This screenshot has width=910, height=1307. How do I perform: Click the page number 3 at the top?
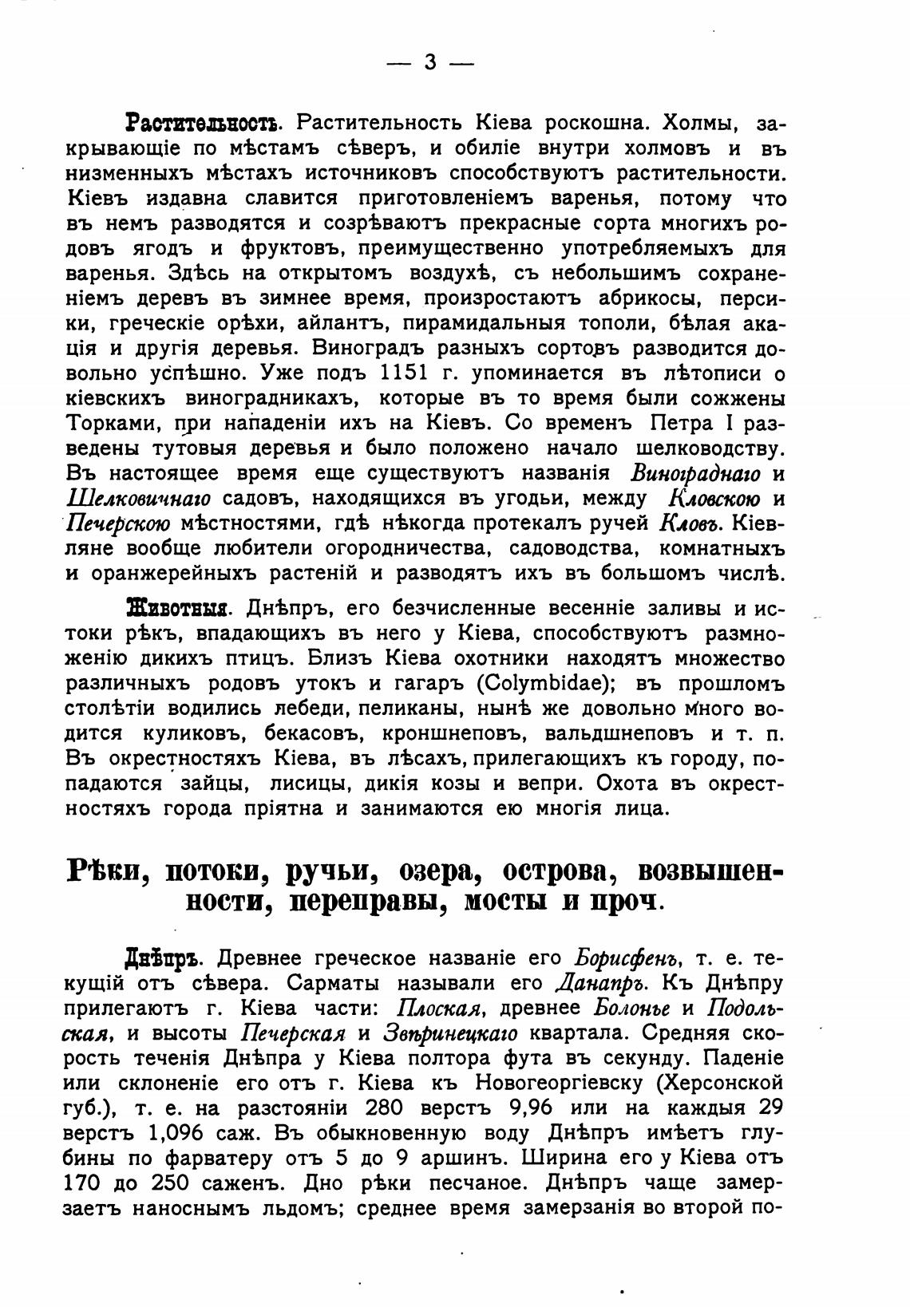[429, 62]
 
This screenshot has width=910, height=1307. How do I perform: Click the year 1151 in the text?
[412, 373]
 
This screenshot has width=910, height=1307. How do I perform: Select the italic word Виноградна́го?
[695, 473]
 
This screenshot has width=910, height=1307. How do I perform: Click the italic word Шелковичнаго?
[137, 499]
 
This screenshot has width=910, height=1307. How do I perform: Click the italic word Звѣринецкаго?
[449, 1033]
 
